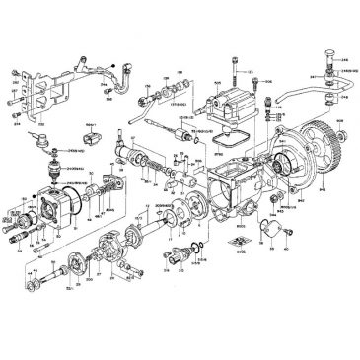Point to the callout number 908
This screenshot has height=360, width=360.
click(x=340, y=120)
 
